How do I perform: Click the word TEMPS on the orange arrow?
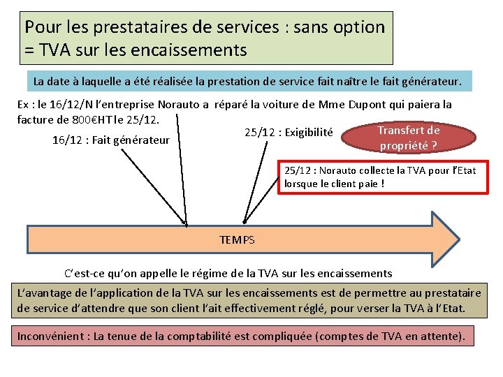point(237,240)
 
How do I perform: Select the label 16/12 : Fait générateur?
point(111,140)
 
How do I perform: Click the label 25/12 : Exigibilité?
point(289,133)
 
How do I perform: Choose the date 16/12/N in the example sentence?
point(68,105)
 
